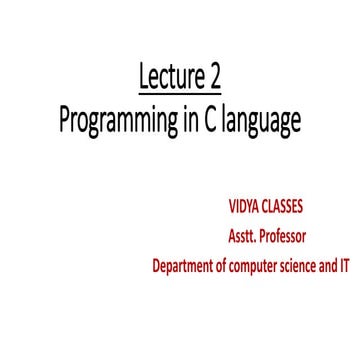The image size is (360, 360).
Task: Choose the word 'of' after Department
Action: [226, 267]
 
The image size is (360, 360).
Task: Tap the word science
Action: [305, 267]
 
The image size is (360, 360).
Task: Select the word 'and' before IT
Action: [333, 267]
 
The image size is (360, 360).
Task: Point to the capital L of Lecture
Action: [140, 76]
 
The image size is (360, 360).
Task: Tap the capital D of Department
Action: [157, 267]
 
